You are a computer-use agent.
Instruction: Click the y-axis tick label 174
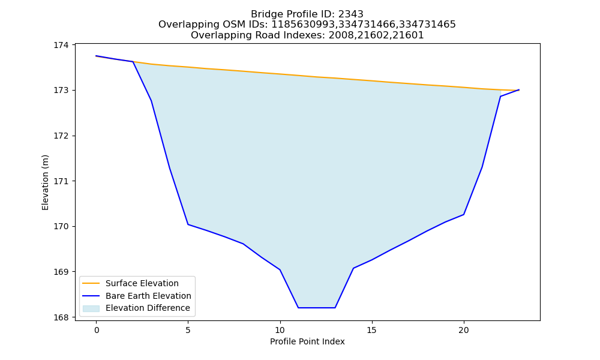[61, 45]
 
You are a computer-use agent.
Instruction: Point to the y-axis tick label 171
[61, 181]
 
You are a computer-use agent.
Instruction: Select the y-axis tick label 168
[61, 317]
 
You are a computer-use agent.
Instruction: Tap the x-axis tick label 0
[97, 330]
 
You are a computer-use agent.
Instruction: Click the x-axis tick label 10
[280, 330]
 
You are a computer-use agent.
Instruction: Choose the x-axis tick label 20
[464, 330]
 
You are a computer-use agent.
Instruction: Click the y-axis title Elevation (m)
[45, 182]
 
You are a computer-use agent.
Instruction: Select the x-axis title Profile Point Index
[307, 341]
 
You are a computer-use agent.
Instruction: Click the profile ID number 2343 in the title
[351, 14]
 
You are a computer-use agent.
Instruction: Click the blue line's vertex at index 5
[188, 224]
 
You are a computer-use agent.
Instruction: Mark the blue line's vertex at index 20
[464, 214]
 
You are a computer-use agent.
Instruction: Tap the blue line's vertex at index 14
[353, 268]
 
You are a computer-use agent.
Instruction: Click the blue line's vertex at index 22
[500, 96]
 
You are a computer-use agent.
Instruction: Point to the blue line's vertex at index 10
[280, 270]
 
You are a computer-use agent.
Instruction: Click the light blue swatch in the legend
[91, 308]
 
